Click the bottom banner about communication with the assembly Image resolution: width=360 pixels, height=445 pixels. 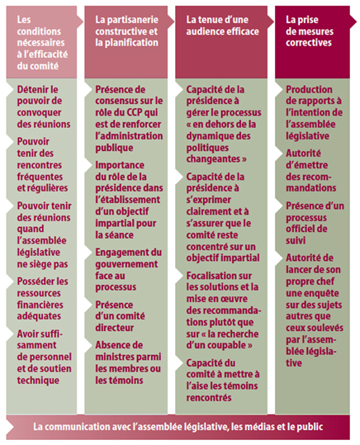(x=179, y=427)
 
